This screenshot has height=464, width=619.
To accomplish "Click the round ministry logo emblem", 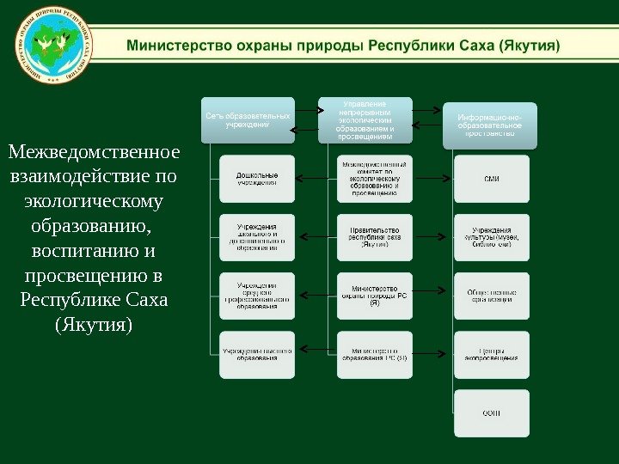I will click(53, 44).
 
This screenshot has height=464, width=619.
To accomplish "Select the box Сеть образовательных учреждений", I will click(248, 119).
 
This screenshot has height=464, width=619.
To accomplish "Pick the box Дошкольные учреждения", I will click(257, 178).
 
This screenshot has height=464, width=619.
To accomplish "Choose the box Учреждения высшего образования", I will click(257, 354).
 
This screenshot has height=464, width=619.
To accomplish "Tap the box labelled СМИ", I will click(491, 178).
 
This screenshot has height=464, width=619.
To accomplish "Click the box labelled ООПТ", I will click(491, 413).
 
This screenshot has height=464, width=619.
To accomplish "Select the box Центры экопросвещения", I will click(491, 354).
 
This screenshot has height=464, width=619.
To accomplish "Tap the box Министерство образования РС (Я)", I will click(374, 354).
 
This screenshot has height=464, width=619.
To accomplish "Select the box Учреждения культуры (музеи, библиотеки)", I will click(491, 236).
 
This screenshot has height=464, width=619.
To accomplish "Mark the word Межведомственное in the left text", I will click(94, 153).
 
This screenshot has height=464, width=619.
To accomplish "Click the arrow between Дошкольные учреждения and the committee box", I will click(316, 179).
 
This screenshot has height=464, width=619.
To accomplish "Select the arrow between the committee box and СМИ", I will click(432, 179).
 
